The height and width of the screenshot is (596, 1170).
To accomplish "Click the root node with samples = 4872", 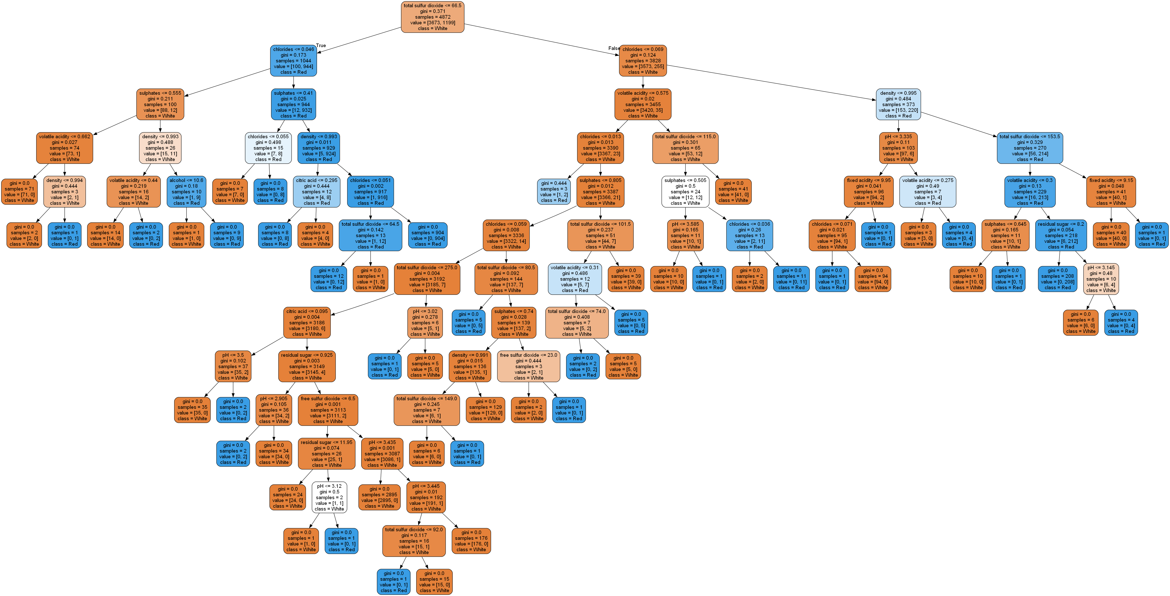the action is pos(432,17).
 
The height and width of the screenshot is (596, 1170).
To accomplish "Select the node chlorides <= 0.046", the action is pos(293,60).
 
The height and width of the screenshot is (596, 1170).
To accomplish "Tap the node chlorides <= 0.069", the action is pos(643,60).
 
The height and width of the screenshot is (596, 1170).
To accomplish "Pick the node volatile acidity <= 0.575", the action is pos(643,104).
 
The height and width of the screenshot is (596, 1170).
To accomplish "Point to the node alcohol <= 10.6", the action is pos(186,192).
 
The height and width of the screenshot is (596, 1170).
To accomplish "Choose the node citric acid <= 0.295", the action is pos(316,192).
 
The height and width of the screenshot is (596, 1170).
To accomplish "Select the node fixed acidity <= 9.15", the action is pos(1111,192).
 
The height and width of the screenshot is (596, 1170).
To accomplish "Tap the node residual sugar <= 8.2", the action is pos(1060,235).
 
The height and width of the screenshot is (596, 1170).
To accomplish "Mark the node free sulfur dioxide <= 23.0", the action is pos(528,366).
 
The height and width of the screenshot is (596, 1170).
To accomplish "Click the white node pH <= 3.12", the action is pos(329,497).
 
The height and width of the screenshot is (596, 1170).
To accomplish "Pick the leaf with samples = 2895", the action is pos(379,497).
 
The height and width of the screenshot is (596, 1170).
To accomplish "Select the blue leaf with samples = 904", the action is pos(427,235).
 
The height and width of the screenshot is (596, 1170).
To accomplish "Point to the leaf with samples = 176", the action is pos(471,541).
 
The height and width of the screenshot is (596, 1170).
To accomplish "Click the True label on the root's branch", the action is pos(321,45).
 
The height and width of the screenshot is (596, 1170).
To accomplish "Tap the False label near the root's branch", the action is pos(613,48).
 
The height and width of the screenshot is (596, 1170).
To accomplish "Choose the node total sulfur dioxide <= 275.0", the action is pos(427,279).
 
